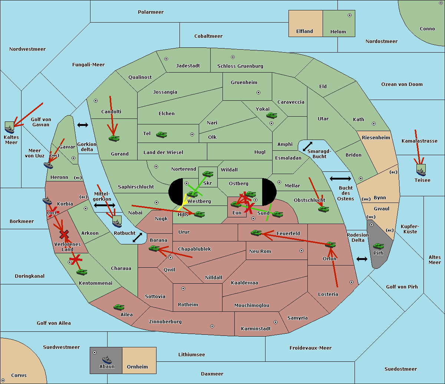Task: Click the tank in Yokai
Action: (x=272, y=116)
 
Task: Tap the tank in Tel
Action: (x=161, y=135)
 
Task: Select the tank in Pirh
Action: (x=378, y=246)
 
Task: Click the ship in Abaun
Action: (x=107, y=360)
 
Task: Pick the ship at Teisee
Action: (x=421, y=172)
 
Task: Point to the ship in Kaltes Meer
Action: (x=10, y=130)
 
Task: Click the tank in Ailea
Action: (x=119, y=307)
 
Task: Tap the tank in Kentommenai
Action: (x=82, y=272)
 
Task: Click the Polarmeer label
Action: (x=151, y=12)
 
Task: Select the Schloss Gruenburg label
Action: (x=240, y=66)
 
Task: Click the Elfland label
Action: (x=304, y=31)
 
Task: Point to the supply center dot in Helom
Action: (x=350, y=15)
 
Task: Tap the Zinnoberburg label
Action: (x=165, y=322)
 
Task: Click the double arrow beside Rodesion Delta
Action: (x=362, y=259)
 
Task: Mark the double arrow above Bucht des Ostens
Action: (x=340, y=178)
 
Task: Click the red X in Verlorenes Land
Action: (x=64, y=234)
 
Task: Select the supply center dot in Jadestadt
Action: (x=166, y=59)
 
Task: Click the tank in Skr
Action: (x=208, y=174)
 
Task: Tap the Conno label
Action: (x=427, y=29)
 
